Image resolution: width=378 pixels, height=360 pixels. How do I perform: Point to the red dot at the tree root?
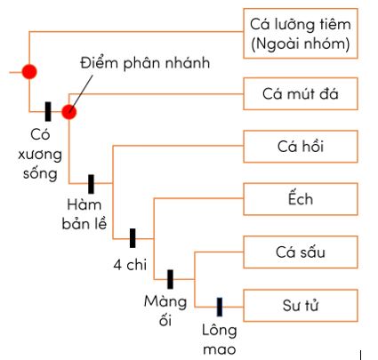click(29, 72)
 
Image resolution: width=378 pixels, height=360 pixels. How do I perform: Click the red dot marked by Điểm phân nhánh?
click(69, 112)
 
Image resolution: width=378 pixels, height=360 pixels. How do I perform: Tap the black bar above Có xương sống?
click(48, 111)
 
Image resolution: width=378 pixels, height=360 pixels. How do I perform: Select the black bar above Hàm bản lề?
click(91, 184)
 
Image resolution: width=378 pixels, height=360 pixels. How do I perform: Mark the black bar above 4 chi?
click(133, 238)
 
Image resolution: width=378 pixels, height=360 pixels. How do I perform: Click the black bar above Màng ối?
click(170, 279)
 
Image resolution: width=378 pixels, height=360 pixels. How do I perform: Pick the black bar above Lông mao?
click(220, 307)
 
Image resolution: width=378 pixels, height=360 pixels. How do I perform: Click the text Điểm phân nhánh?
click(145, 63)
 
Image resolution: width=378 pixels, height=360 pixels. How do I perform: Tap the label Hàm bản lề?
click(84, 214)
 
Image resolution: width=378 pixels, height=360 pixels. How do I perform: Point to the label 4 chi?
click(130, 264)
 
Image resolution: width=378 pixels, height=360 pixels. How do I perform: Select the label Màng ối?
click(165, 311)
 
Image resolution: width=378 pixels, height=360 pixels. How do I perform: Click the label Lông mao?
click(220, 340)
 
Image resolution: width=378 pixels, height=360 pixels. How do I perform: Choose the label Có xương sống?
click(40, 155)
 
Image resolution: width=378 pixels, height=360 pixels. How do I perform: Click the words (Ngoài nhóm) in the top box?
click(301, 44)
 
